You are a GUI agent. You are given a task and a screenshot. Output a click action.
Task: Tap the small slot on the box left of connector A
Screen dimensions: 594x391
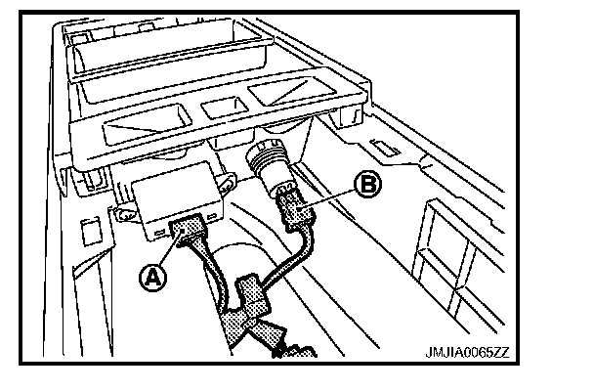[156, 235]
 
